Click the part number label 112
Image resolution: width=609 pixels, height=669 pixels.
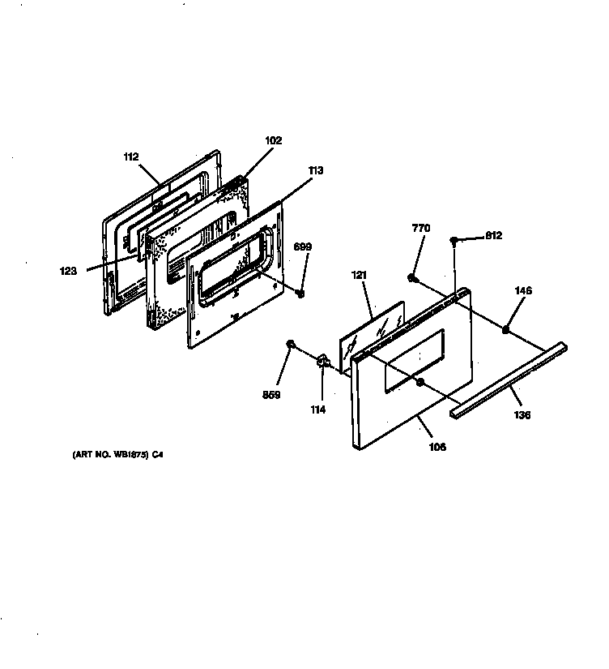(131, 157)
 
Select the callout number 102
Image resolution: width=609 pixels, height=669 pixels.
(273, 140)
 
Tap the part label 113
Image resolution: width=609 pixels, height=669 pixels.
(315, 170)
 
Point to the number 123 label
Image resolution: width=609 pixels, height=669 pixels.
(69, 272)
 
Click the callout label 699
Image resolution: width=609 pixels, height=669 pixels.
(301, 247)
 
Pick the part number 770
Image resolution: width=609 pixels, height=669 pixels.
(420, 229)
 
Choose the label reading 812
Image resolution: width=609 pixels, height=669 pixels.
(493, 236)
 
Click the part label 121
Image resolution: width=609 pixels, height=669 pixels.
(359, 276)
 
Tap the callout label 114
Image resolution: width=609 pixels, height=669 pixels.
(317, 410)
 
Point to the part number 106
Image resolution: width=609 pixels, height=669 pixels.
(437, 446)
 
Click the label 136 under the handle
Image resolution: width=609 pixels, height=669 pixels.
(522, 415)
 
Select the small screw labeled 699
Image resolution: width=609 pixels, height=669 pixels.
(300, 293)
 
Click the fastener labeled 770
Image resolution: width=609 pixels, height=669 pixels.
(412, 279)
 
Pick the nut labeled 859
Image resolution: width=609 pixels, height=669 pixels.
(289, 346)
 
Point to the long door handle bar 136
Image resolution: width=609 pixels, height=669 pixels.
(510, 379)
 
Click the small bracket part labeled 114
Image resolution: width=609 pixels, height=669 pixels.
(322, 360)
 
